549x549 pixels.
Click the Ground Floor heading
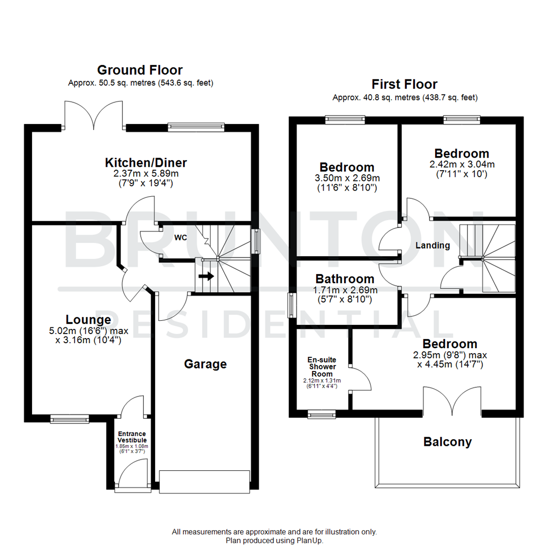tap(140, 70)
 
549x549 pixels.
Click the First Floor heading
tap(404, 84)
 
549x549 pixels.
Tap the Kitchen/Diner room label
tap(146, 163)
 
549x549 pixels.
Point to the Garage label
tap(205, 364)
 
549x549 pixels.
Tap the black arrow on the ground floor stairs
tap(206, 277)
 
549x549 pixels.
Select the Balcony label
tap(447, 442)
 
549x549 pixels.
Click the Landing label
tap(433, 246)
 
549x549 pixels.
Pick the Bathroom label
tap(345, 279)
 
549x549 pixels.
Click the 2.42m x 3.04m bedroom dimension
tap(462, 165)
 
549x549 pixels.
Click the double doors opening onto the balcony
tap(452, 402)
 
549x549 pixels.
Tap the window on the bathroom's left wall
tap(291, 305)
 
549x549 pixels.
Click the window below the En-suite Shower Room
tap(322, 415)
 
